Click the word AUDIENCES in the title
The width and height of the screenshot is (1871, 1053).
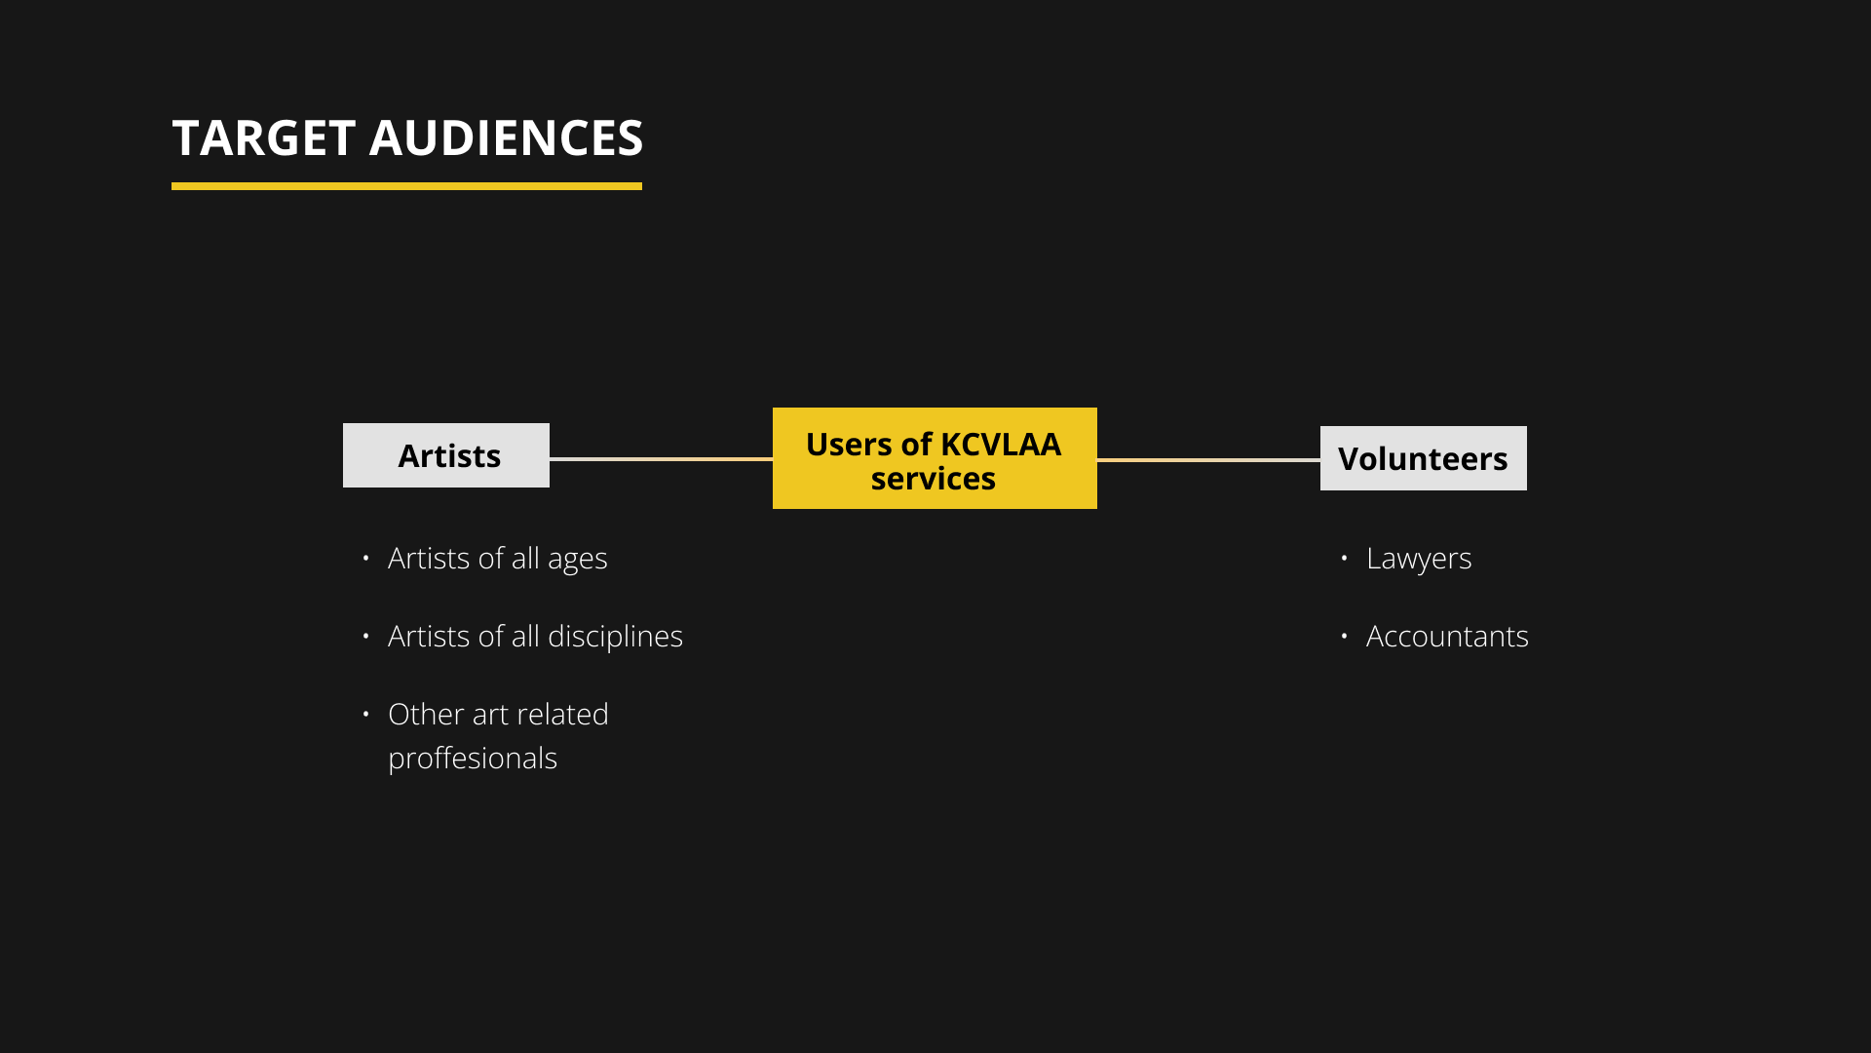(506, 137)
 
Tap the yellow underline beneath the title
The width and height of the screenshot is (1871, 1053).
(406, 185)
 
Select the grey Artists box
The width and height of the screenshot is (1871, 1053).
(446, 455)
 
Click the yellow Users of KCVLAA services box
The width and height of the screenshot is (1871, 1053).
(935, 458)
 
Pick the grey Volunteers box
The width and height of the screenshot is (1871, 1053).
(1423, 458)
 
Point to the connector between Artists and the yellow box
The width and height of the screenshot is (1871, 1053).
(661, 458)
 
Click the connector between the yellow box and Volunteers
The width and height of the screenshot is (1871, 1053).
(1208, 459)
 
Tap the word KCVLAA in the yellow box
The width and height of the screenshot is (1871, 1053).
(1000, 444)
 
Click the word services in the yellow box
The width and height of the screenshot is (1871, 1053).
(933, 479)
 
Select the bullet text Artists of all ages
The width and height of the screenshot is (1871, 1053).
(497, 558)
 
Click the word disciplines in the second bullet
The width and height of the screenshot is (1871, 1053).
(615, 636)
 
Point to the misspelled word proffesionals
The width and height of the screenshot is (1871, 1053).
(473, 758)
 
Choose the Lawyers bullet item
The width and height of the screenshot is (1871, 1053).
(1418, 558)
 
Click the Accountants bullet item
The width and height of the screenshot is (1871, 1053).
(1447, 636)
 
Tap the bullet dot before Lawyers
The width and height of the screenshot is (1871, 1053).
(1344, 558)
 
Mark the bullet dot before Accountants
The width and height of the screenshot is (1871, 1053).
(1344, 636)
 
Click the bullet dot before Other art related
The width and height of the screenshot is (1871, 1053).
(365, 714)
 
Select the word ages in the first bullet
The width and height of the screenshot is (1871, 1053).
(577, 560)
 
